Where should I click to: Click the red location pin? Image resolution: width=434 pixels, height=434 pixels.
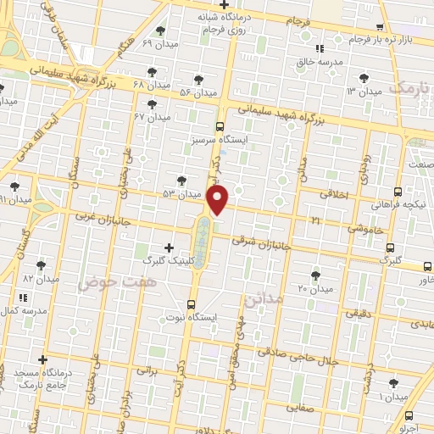(219, 200)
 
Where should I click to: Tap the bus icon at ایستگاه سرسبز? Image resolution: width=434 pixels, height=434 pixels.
(220, 127)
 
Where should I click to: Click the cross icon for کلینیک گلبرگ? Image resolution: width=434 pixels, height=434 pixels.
(169, 248)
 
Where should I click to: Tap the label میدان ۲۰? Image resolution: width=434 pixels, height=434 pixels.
(317, 289)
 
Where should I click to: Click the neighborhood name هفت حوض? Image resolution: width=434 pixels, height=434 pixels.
(107, 282)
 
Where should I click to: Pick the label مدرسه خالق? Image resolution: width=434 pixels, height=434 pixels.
(319, 62)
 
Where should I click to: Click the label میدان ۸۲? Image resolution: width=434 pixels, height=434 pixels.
(40, 278)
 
